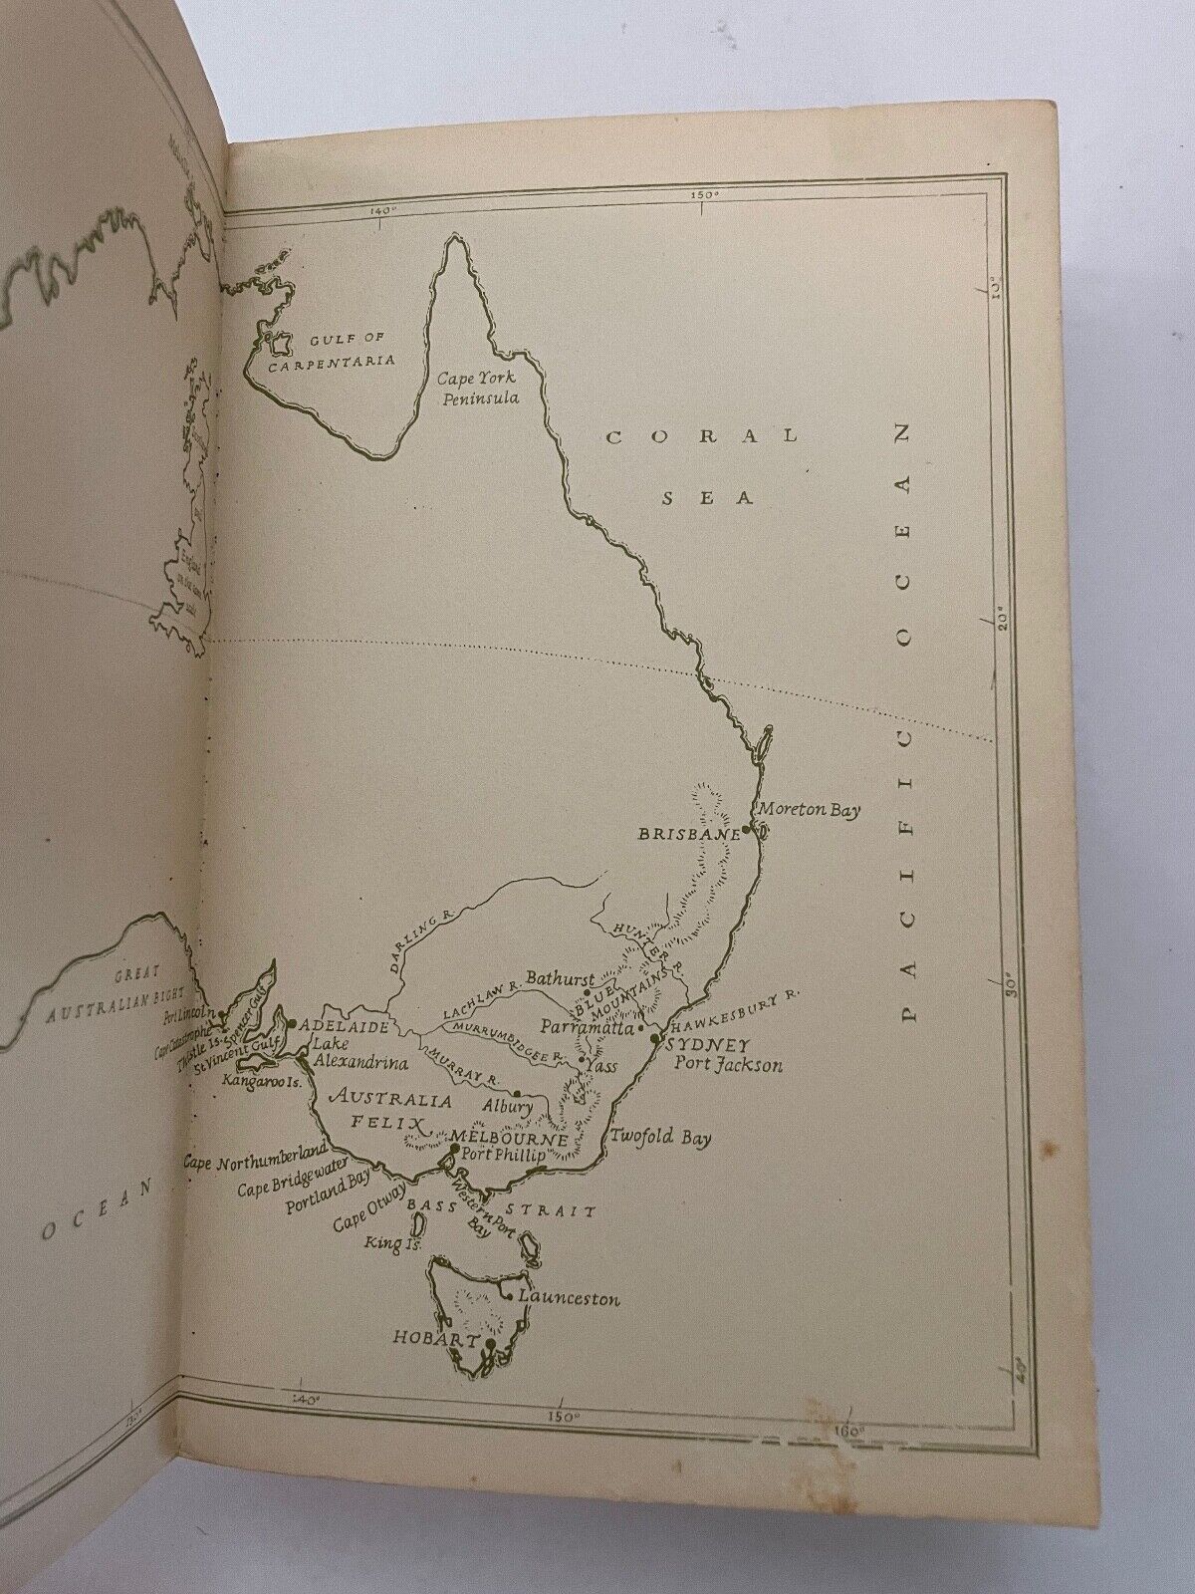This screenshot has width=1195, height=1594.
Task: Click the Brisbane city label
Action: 690,834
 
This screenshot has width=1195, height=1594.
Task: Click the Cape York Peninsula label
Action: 485,389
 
